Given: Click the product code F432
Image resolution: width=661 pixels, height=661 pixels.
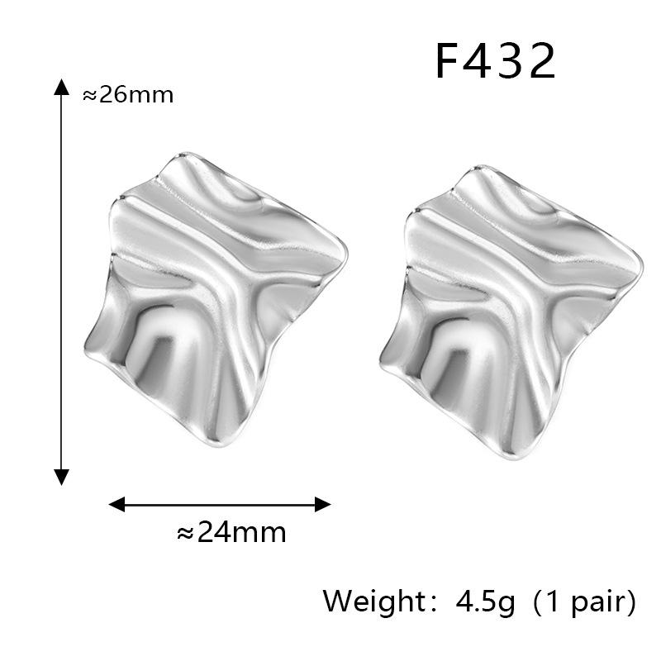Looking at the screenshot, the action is (495, 61).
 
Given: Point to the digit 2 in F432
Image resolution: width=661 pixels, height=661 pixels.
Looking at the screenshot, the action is (542, 61).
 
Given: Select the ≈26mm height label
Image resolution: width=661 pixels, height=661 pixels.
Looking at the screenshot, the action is (128, 95).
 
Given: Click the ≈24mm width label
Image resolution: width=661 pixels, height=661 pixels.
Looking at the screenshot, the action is (231, 532).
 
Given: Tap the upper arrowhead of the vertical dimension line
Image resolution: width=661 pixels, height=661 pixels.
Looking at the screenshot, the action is (61, 87).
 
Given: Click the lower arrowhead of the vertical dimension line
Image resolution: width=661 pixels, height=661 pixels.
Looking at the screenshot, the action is (61, 478).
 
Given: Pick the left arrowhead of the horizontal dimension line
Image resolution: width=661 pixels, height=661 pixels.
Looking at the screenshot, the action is (117, 504).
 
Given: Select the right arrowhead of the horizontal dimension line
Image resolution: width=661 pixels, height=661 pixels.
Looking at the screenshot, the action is (322, 504).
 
